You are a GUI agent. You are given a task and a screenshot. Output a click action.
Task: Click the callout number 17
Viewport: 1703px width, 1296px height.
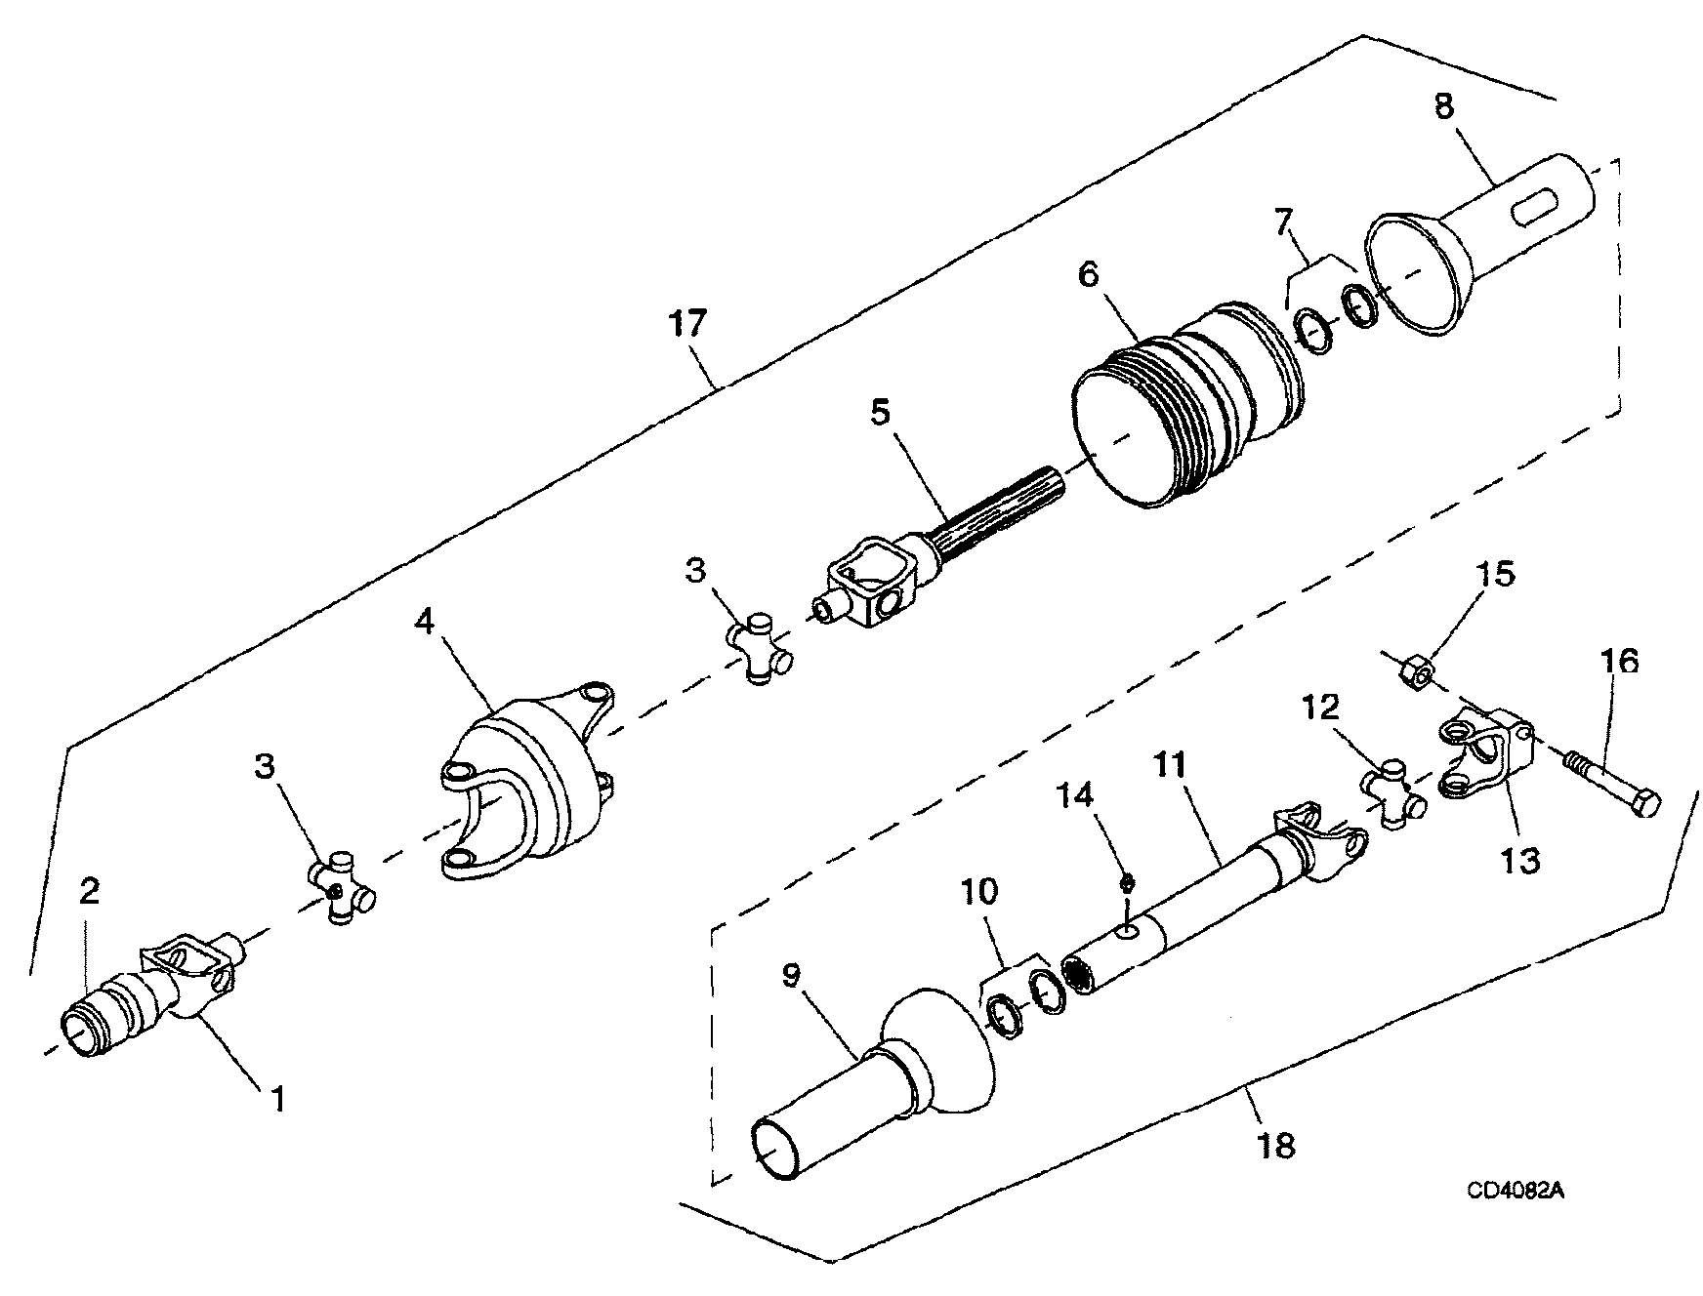686,323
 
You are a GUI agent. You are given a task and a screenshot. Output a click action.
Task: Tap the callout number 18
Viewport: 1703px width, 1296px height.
1276,1144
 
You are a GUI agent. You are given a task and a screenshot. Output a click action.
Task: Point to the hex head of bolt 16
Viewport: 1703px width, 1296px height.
1641,804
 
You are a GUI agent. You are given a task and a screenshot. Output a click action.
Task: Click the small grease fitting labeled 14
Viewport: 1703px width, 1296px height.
1126,882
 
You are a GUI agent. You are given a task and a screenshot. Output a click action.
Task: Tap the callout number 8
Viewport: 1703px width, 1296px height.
1444,106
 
